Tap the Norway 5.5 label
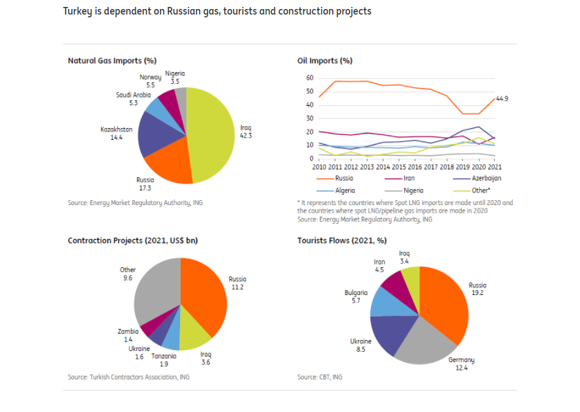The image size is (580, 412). tap(150, 81)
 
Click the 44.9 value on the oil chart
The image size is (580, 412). tap(502, 99)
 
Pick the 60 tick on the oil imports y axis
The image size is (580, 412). tap(309, 78)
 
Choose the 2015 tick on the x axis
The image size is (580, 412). tap(399, 168)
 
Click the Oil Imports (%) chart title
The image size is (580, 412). tap(325, 61)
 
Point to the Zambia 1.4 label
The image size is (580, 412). tap(128, 336)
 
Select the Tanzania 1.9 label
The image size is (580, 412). tap(163, 360)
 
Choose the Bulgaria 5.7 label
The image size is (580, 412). tap(356, 296)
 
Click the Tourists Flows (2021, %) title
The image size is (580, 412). tap(342, 241)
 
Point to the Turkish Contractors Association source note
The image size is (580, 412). tap(128, 377)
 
